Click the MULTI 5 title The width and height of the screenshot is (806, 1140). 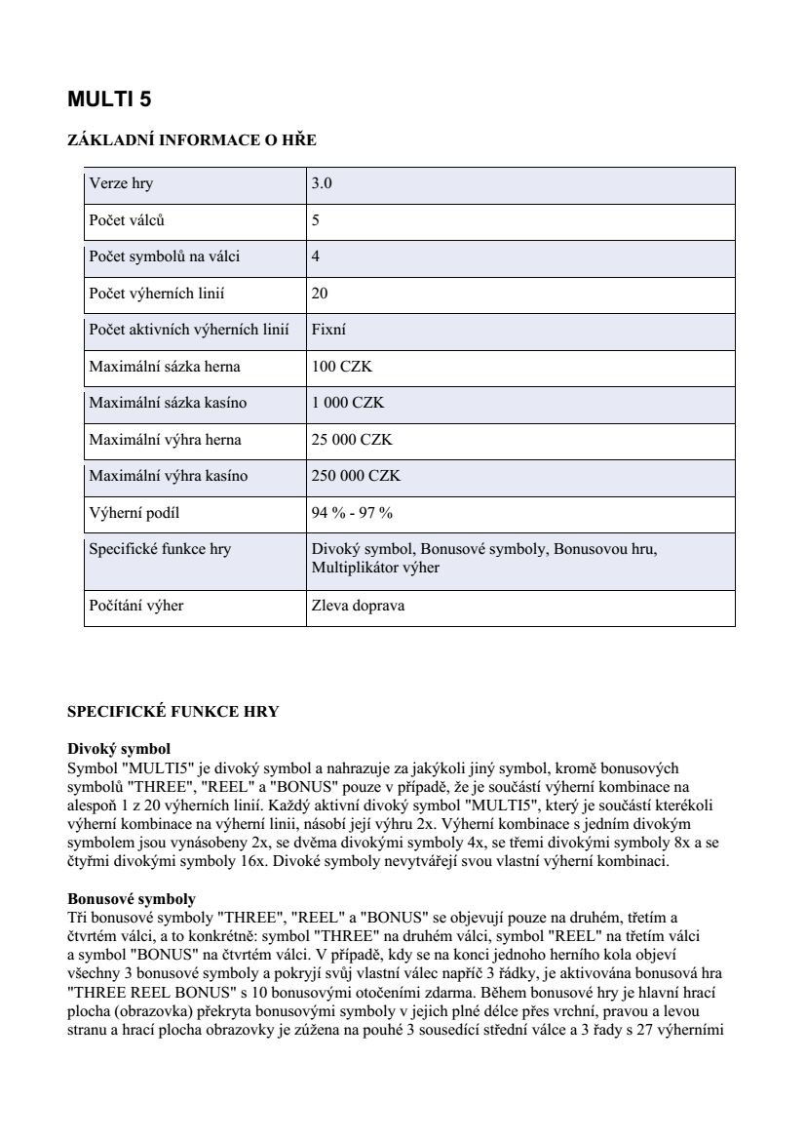click(109, 99)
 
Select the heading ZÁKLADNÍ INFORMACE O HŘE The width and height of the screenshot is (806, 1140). click(191, 140)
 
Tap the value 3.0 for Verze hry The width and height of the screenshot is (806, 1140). click(322, 183)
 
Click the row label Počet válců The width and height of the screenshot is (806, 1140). click(127, 220)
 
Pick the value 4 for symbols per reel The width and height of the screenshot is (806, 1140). click(316, 256)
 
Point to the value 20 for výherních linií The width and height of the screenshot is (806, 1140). click(320, 294)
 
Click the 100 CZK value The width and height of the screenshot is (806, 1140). click(341, 367)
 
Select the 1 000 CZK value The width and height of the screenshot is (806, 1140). click(348, 403)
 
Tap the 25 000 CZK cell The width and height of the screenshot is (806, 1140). click(352, 440)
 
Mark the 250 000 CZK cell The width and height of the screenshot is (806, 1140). click(356, 476)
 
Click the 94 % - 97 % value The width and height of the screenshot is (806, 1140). click(352, 513)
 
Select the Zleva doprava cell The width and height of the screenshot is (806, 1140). click(358, 606)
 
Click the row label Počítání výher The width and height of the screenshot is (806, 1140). click(136, 606)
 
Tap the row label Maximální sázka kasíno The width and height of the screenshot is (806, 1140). click(168, 403)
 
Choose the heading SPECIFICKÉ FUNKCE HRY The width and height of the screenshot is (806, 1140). click(173, 712)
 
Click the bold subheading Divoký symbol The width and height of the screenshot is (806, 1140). click(118, 749)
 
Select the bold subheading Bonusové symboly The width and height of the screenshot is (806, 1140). click(131, 898)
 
